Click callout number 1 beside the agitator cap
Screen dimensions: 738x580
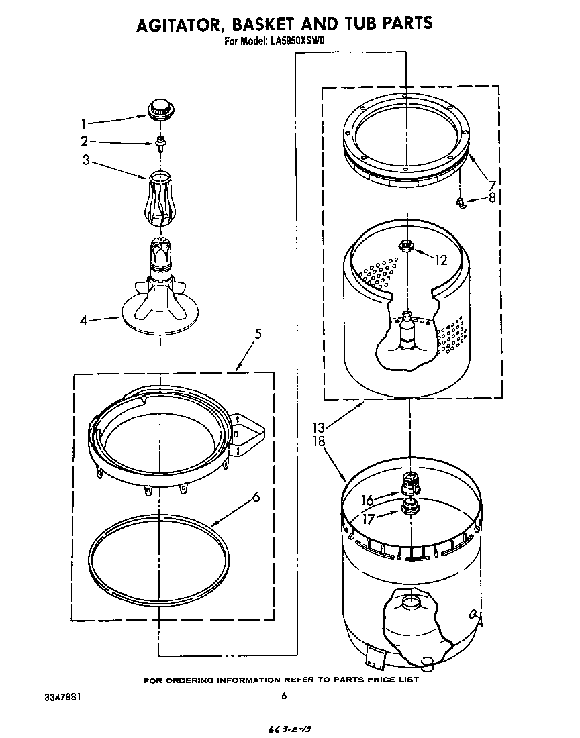pyautogui.click(x=84, y=123)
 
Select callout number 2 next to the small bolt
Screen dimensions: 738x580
pyautogui.click(x=85, y=142)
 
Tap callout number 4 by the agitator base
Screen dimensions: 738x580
pyautogui.click(x=84, y=321)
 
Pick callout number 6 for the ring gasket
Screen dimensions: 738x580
pyautogui.click(x=256, y=497)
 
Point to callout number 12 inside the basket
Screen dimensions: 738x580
pyautogui.click(x=441, y=260)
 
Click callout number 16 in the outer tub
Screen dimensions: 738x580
pyautogui.click(x=367, y=500)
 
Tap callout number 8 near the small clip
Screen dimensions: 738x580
pyautogui.click(x=493, y=197)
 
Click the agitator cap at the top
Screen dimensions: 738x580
pyautogui.click(x=160, y=107)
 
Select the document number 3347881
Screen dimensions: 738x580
pyautogui.click(x=63, y=696)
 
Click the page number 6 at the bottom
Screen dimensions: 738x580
pyautogui.click(x=284, y=696)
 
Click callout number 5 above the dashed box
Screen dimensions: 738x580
pyautogui.click(x=258, y=333)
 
